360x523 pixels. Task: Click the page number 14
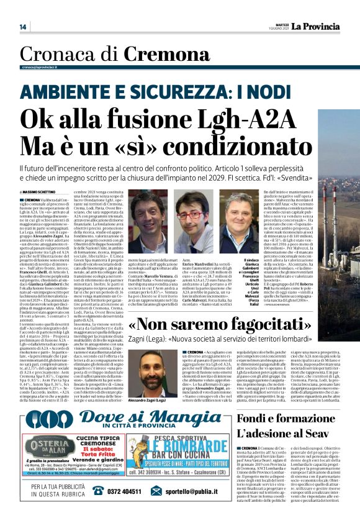coord(23,27)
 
